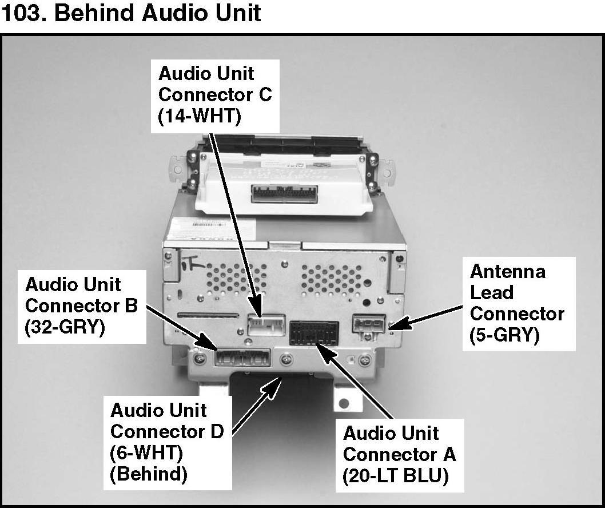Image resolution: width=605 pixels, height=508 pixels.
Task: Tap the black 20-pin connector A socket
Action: coord(314,333)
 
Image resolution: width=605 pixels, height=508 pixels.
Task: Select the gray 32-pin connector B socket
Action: coord(241,358)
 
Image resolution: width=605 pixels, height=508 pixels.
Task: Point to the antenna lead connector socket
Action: coord(369,326)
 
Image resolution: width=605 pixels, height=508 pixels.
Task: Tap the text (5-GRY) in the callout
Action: coord(504,335)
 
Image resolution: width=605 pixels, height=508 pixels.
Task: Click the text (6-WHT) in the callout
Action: coord(146,453)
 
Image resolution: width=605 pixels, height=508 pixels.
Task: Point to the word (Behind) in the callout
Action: coord(148,474)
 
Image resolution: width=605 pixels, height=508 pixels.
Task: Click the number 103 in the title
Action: coord(23,13)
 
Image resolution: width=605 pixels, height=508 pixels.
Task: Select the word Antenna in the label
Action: coord(507,271)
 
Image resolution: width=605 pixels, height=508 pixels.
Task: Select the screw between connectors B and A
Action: coord(286,360)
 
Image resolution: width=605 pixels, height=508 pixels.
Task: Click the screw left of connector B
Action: coord(199,359)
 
